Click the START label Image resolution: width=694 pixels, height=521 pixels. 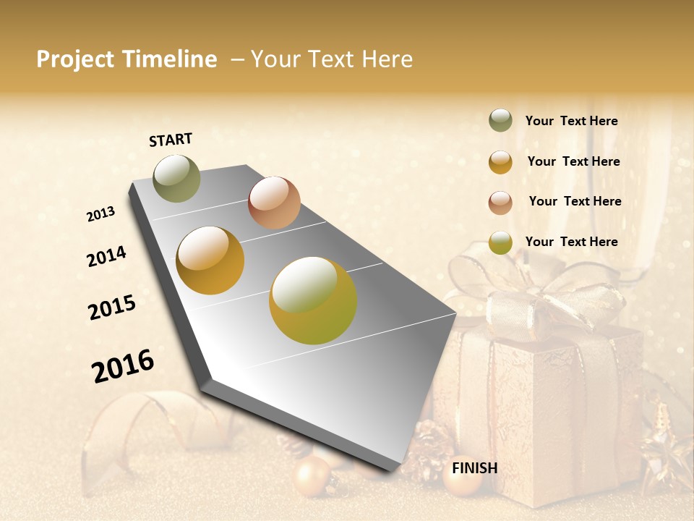pos(171,140)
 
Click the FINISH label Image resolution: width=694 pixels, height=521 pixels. pos(474,468)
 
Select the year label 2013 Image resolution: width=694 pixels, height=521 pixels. pos(100,214)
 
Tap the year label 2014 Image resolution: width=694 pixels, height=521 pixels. pos(106,257)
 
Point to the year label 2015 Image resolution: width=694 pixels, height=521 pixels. pos(112,308)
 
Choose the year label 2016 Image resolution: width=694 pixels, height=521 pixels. pos(123,365)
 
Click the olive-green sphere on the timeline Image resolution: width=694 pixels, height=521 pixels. pos(176,178)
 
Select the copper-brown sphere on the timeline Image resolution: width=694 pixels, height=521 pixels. pos(274,203)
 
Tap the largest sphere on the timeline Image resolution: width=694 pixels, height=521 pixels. pos(313,300)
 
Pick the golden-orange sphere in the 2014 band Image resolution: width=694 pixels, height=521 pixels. pos(210,260)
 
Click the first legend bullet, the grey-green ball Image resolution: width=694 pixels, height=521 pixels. pos(500,121)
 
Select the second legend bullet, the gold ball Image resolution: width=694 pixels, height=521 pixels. pos(500,162)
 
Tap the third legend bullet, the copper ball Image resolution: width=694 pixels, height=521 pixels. pos(500,202)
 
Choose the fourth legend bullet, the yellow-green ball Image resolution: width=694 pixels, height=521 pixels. pos(500,242)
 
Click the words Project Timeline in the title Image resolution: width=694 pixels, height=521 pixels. pos(127,59)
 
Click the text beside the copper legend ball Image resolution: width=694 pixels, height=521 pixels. pos(575,201)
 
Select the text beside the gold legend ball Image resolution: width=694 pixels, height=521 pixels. pos(573,161)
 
